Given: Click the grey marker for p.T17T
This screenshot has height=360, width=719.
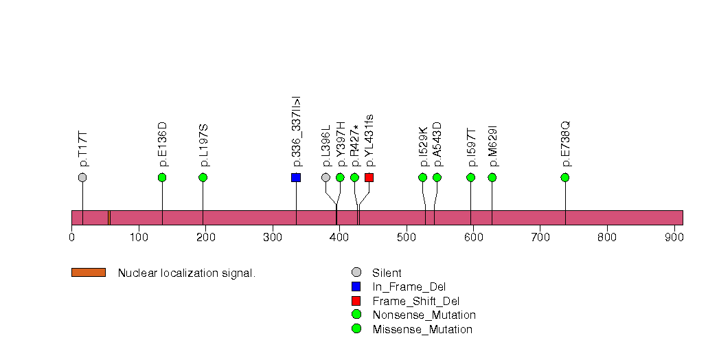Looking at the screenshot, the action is [82, 177].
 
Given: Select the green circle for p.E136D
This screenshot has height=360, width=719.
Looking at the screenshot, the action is [162, 177].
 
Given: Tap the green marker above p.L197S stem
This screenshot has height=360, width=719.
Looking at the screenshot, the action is [203, 177].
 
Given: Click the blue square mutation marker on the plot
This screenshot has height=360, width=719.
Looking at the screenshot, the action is [296, 177].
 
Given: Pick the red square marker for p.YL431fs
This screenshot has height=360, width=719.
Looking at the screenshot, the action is [369, 177].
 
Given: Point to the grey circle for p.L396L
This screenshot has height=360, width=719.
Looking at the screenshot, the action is [326, 177].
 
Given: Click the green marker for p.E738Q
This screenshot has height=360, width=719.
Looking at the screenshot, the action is [565, 177].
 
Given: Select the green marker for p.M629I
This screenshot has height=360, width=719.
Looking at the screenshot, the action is [492, 177].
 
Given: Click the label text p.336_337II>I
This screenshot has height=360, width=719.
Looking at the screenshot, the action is [297, 132].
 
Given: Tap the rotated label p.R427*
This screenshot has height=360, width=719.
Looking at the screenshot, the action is [355, 144].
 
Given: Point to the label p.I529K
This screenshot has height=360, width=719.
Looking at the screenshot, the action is [423, 146].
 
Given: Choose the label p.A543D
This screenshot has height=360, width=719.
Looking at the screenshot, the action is [437, 144].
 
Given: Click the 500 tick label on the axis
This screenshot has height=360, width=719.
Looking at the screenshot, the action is [406, 237].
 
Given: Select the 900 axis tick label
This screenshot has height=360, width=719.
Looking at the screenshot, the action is [674, 237].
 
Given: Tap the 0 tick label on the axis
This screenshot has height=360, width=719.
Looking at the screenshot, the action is [71, 237].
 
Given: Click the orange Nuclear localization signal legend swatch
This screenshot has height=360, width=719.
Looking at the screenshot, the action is [89, 273].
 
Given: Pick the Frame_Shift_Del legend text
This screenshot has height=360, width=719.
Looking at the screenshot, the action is [416, 302].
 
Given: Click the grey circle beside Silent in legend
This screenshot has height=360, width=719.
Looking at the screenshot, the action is [356, 273].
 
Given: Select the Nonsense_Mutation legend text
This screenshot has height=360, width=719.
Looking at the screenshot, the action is [424, 315].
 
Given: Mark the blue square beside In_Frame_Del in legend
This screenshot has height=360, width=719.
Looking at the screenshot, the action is [356, 286].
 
